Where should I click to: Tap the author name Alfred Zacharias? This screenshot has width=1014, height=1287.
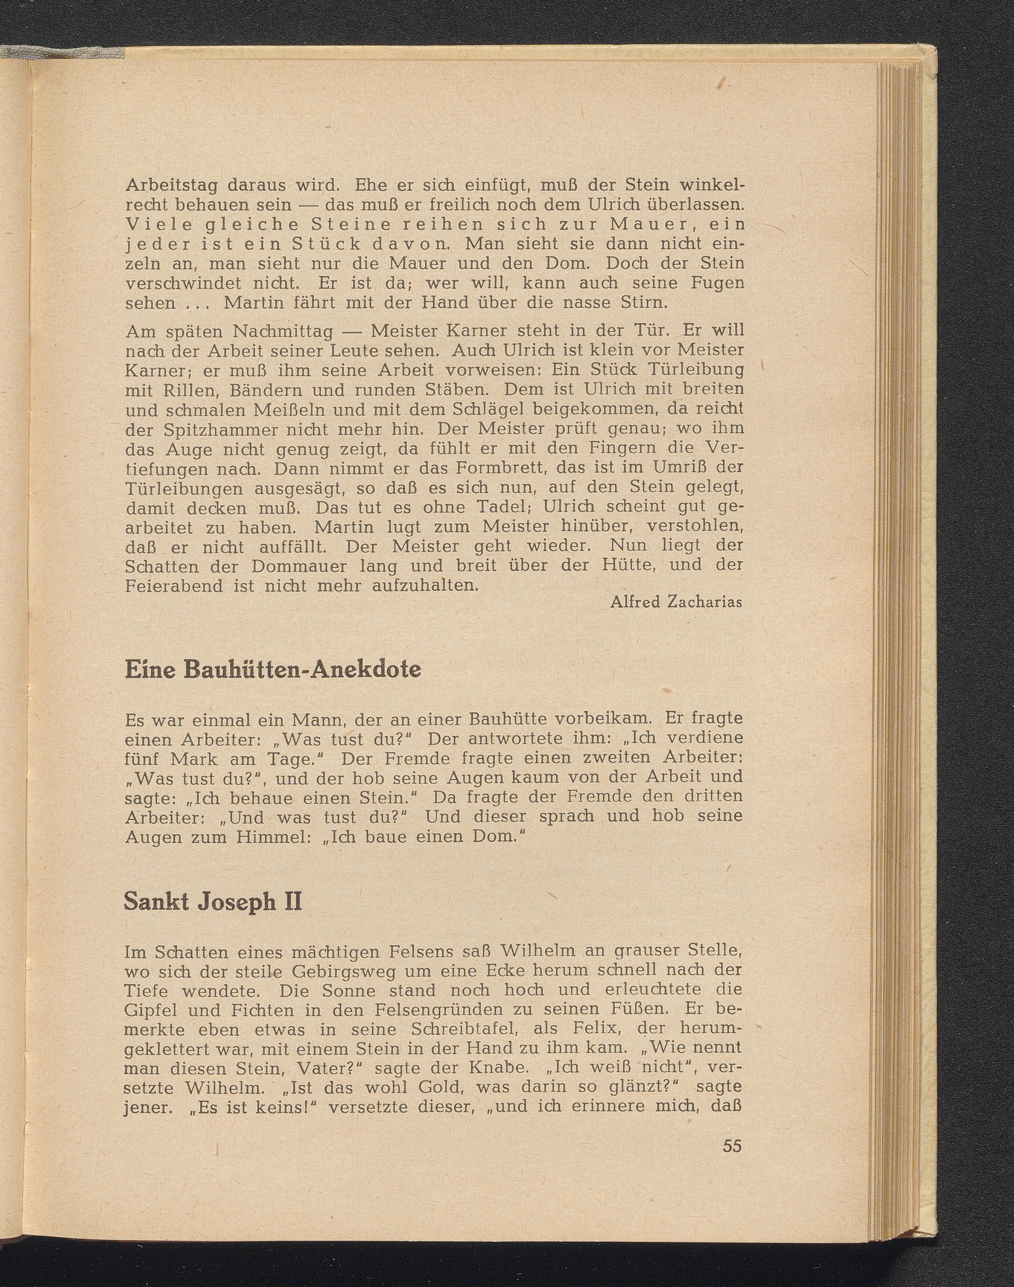pyautogui.click(x=676, y=602)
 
